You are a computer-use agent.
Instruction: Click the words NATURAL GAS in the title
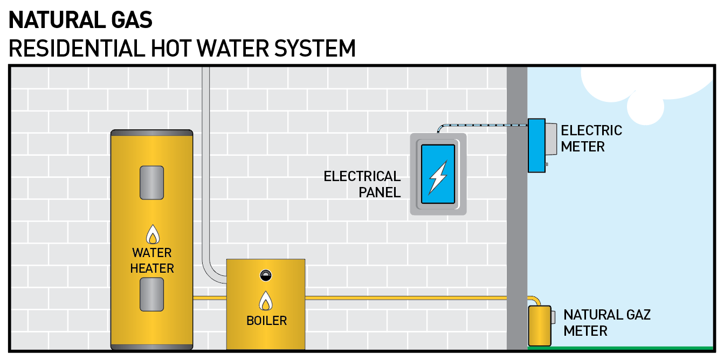pos(81,20)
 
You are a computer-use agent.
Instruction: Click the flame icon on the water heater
pos(153,234)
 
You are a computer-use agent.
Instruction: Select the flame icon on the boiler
pos(265,301)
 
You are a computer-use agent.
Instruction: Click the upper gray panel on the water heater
pos(151,182)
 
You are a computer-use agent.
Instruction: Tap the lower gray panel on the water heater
pos(151,294)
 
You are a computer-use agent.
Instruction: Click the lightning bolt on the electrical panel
pos(437,176)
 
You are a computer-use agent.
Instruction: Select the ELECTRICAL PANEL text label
pos(362,184)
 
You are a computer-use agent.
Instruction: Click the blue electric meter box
pos(536,146)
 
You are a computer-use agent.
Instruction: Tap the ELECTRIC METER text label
pos(591,139)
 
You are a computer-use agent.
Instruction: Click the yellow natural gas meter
pos(539,326)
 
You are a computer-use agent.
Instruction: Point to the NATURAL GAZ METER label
pos(606,322)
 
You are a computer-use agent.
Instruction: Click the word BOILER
pos(266,321)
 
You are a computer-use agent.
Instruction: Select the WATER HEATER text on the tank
pos(152,260)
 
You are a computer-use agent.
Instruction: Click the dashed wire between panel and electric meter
pos(485,126)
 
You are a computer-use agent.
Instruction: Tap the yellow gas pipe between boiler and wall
pos(404,297)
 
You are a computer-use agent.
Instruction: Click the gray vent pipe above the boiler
pos(206,162)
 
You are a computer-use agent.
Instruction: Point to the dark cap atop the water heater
pos(151,132)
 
